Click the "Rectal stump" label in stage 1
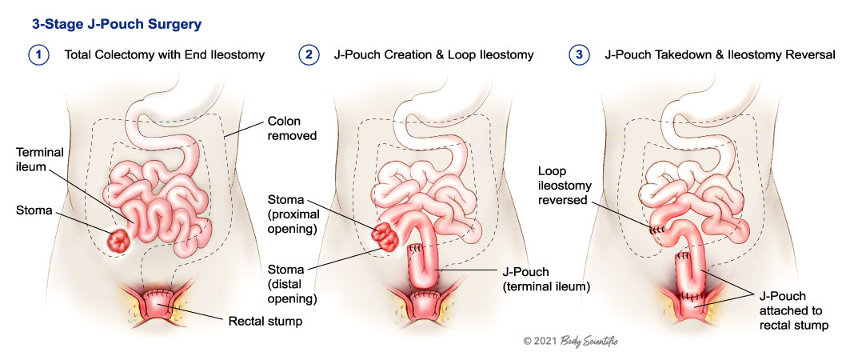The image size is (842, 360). (x=261, y=322)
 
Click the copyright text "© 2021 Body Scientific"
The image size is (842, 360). (x=570, y=341)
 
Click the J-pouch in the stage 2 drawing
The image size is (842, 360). (x=423, y=265)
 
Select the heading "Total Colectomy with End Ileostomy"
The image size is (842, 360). (x=164, y=55)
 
